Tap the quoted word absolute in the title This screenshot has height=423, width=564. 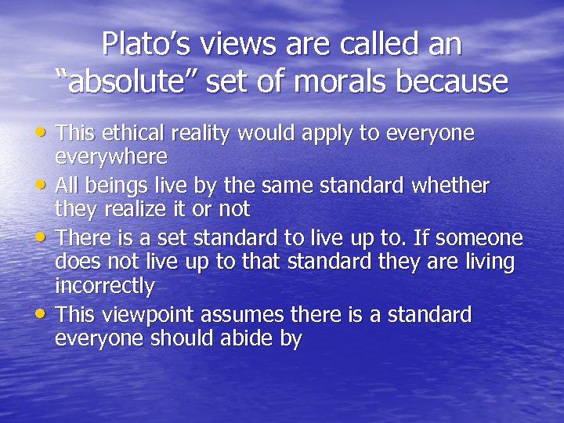pos(131,80)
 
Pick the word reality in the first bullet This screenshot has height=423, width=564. pos(201,134)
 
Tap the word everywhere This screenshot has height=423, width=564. pos(110,157)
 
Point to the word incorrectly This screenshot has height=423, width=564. pos(104,286)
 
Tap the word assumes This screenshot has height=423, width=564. pos(242,315)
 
